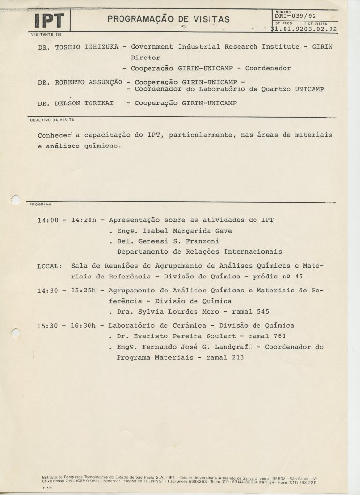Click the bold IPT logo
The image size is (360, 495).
[x=49, y=21]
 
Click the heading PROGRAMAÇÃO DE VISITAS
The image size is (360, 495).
[x=169, y=19]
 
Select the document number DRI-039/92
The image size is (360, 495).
[x=295, y=16]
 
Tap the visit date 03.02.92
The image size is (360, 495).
[x=323, y=29]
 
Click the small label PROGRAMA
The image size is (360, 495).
[x=41, y=204]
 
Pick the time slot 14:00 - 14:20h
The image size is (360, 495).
[x=67, y=220]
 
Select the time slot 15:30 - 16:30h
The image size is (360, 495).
[x=67, y=325]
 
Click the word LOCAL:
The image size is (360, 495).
[x=49, y=266]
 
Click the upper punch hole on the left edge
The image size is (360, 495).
[x=16, y=200]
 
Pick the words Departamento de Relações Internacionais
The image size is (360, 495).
[x=199, y=252]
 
